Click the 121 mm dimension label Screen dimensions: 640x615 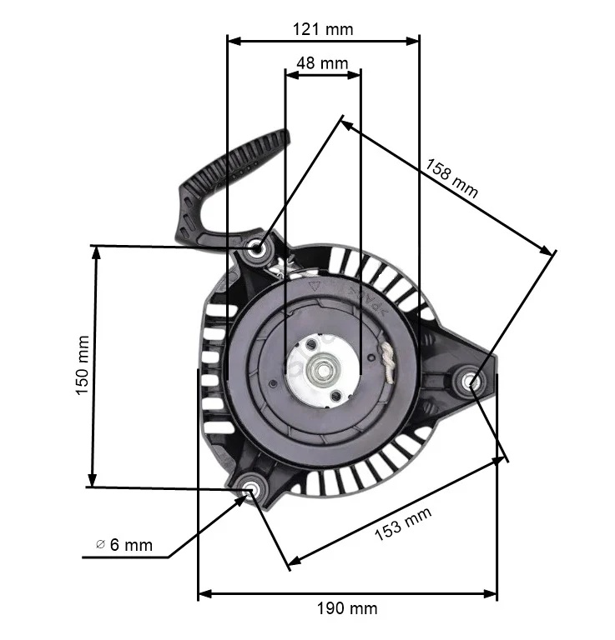322,29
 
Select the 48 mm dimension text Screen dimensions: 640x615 322,63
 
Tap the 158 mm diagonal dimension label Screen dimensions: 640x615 451,177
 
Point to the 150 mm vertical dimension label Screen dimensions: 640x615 82,365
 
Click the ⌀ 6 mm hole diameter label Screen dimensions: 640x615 125,545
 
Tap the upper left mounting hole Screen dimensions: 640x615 260,247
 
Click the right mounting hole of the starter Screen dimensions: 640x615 471,382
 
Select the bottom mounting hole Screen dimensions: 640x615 250,487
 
